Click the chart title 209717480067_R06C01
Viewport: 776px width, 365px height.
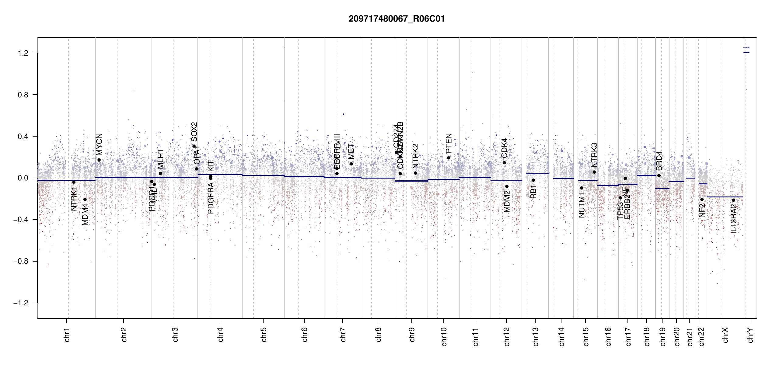(x=397, y=19)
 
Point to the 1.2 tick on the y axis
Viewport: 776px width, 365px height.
(x=23, y=53)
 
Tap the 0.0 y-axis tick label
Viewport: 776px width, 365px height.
(x=23, y=178)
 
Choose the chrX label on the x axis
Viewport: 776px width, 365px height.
(x=725, y=335)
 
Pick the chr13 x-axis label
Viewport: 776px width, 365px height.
(x=536, y=336)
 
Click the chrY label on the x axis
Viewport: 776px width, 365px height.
(x=750, y=335)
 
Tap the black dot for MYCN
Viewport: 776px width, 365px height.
(x=99, y=160)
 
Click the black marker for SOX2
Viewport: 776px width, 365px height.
(x=194, y=146)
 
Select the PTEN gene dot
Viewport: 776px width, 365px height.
(x=449, y=158)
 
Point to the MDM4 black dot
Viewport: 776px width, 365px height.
(x=85, y=200)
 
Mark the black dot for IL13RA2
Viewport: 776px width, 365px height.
(x=733, y=200)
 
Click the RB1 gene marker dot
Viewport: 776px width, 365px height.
(x=533, y=180)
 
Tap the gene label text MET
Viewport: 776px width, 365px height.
(x=351, y=151)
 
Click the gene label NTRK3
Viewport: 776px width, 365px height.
(x=594, y=155)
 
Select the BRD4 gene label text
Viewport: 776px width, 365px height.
(x=659, y=161)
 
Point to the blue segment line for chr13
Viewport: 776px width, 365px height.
(x=537, y=174)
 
